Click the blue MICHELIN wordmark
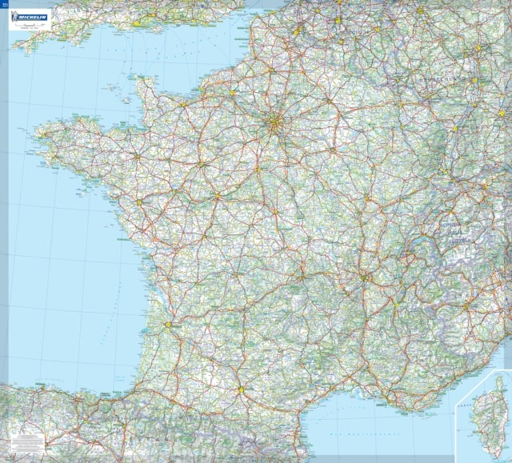(x=32, y=17)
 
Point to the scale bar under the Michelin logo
(x=31, y=26)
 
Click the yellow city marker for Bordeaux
(x=168, y=325)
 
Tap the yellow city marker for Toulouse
(x=239, y=389)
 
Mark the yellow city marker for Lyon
(x=365, y=277)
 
